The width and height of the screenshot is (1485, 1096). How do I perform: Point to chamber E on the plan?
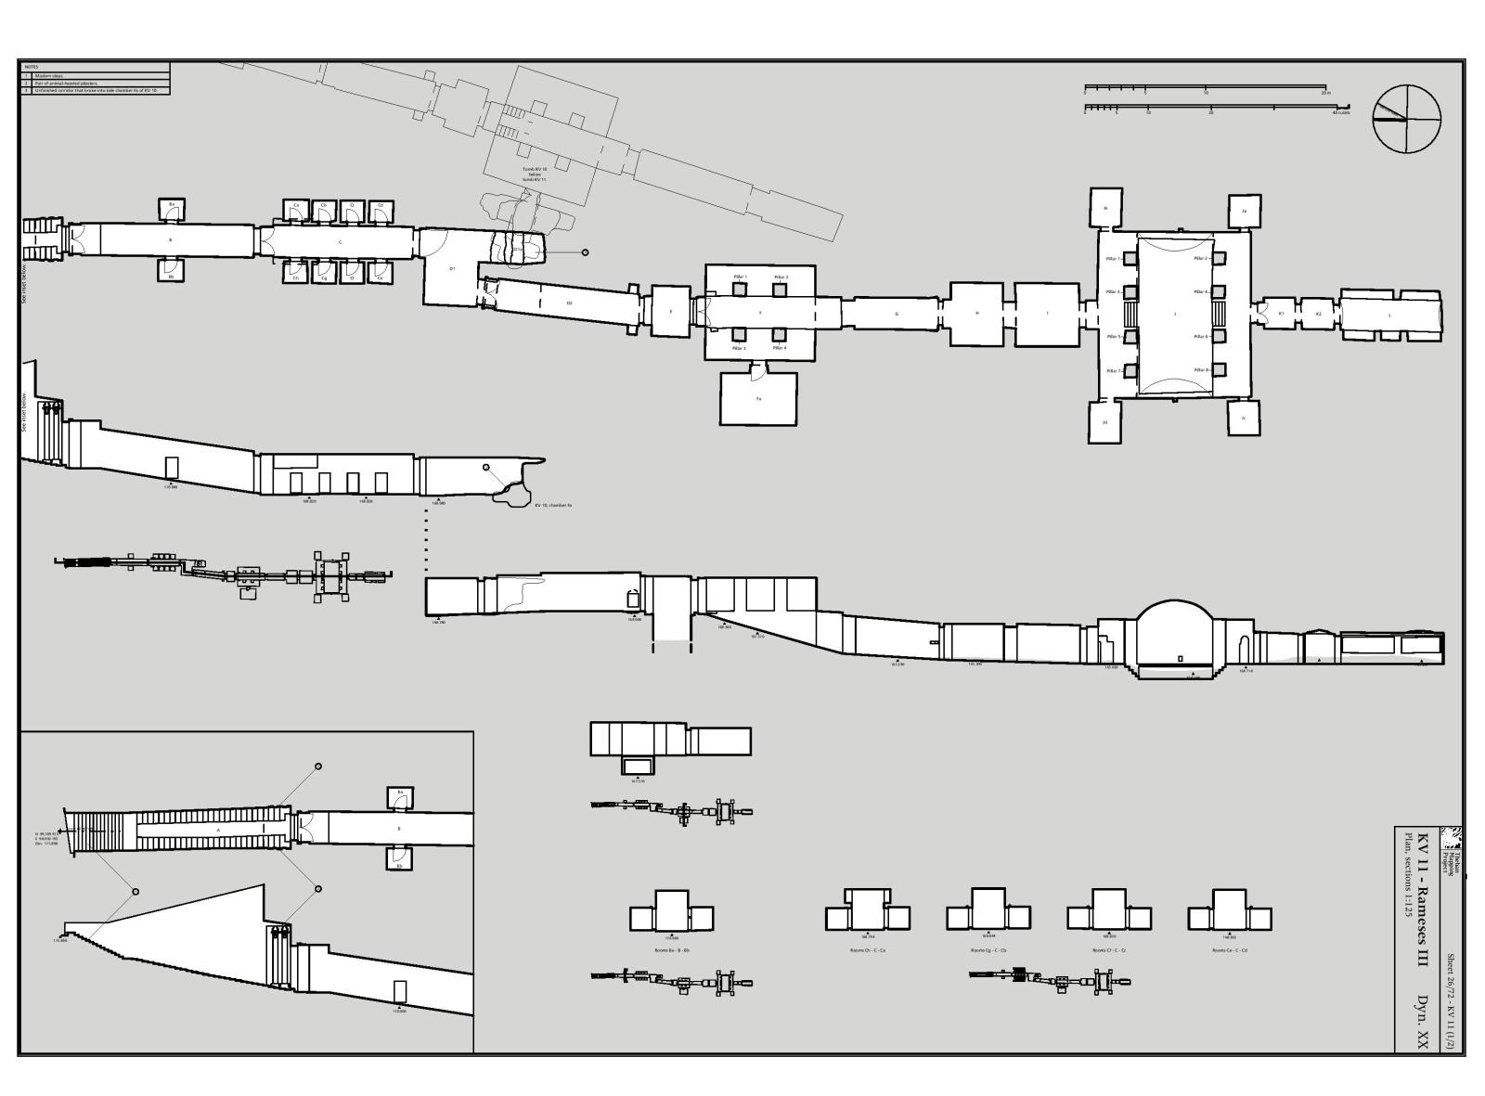tap(671, 311)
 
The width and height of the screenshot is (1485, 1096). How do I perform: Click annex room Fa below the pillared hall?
tap(758, 399)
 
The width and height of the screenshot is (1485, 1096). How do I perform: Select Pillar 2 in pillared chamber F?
tap(781, 290)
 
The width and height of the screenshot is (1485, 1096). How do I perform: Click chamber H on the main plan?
tap(976, 314)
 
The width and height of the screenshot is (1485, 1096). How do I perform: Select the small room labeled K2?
tap(1318, 314)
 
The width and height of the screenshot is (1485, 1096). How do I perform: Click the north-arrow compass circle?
tap(1407, 118)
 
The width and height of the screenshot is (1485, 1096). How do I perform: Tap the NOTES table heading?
tap(32, 67)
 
